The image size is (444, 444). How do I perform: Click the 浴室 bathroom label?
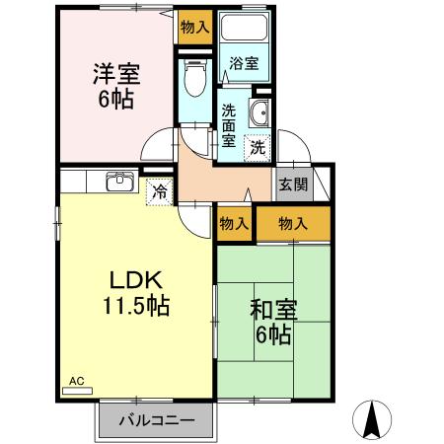click(x=245, y=63)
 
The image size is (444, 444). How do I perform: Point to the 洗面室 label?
click(x=228, y=125)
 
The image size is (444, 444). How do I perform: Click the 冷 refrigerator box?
click(x=158, y=191)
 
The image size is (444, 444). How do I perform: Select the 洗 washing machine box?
click(x=257, y=148)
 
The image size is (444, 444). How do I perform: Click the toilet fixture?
click(x=193, y=75)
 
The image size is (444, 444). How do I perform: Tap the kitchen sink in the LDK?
click(x=121, y=183)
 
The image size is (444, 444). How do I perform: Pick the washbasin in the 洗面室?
click(x=259, y=113)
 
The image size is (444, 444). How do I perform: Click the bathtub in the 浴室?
click(x=243, y=30)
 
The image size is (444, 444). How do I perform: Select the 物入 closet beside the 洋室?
click(x=194, y=28)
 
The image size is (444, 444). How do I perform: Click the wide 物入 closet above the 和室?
click(x=293, y=224)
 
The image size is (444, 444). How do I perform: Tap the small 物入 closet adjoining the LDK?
click(x=233, y=224)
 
